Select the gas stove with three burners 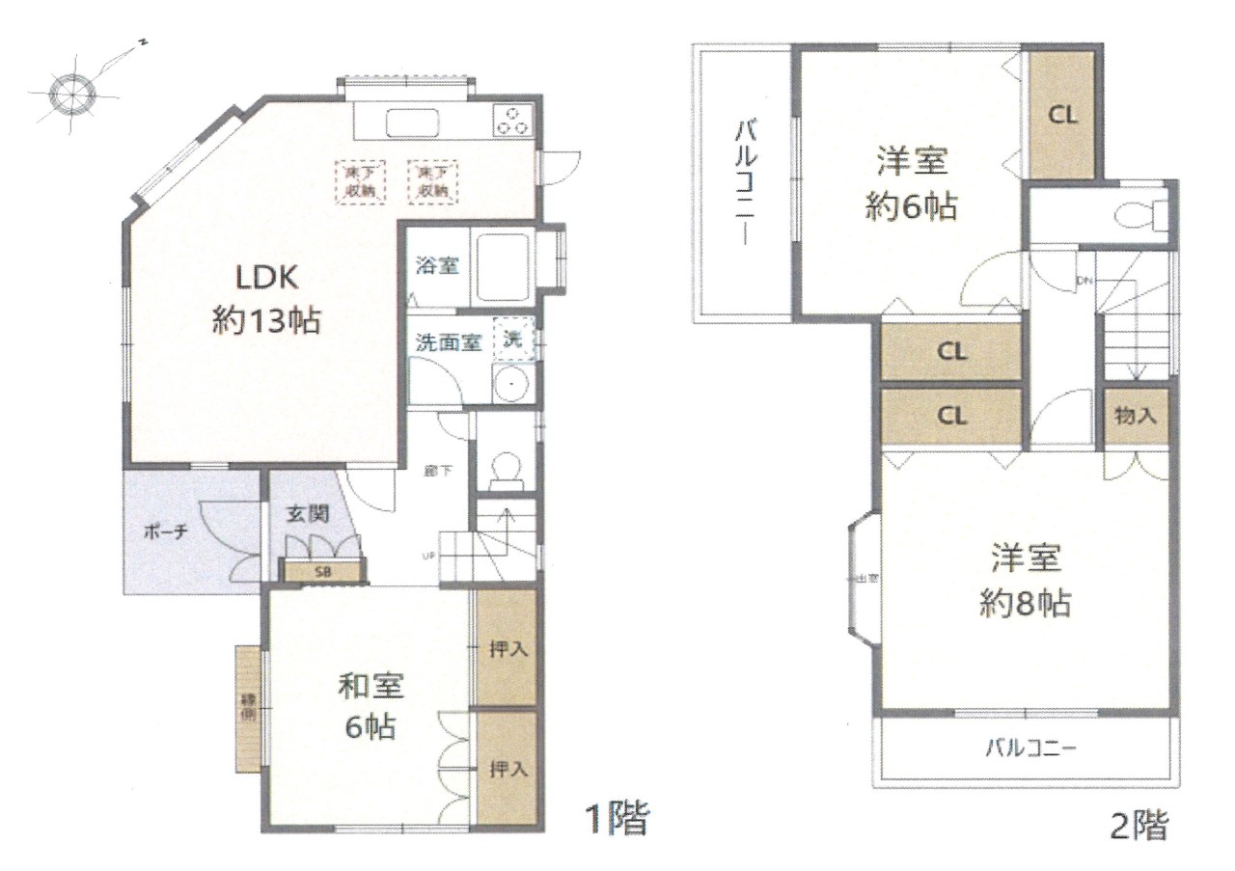tap(512, 121)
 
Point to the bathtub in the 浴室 tap(502, 262)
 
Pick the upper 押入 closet tap(507, 646)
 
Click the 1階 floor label tap(615, 821)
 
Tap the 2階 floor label tap(1139, 825)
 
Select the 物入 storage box tap(1136, 416)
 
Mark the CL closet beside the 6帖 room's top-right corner tap(1062, 115)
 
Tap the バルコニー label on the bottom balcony tap(1029, 749)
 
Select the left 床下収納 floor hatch tap(360, 180)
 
